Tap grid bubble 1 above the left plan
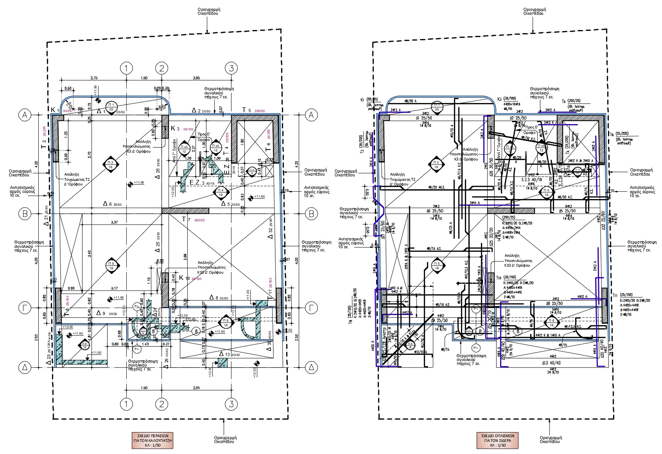(x=126, y=68)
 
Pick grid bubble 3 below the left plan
(x=231, y=404)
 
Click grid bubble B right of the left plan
(x=311, y=214)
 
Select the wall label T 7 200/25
(x=194, y=220)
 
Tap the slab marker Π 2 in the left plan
(x=111, y=164)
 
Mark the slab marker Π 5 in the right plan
(x=437, y=266)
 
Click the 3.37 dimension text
(x=115, y=223)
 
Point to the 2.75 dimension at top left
(x=93, y=78)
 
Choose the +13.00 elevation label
(x=68, y=327)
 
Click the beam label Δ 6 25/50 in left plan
(x=113, y=204)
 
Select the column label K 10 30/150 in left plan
(x=190, y=278)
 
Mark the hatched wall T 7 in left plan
(x=185, y=211)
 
